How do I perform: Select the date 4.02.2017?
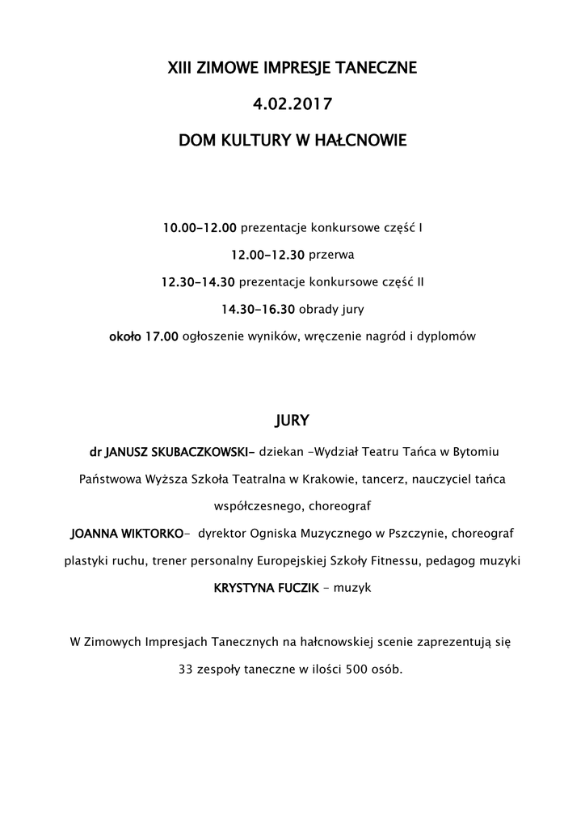pos(292,104)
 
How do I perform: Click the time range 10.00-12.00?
pos(200,229)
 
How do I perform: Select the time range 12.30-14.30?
pos(198,282)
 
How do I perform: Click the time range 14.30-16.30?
pos(259,309)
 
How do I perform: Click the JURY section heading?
pos(292,421)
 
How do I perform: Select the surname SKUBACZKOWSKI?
pos(204,449)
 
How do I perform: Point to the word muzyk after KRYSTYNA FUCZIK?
pos(353,588)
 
